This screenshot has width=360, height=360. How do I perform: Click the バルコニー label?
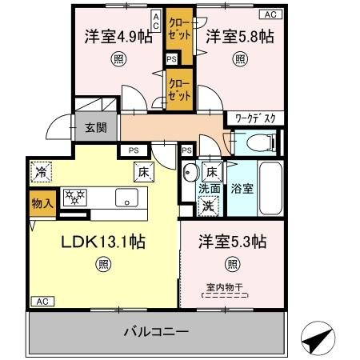point(157,331)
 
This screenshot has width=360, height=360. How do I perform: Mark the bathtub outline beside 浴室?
point(270,190)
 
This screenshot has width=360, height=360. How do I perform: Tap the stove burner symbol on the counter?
point(75,197)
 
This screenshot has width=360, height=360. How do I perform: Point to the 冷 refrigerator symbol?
point(40,170)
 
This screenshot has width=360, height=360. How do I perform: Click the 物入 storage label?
point(42,203)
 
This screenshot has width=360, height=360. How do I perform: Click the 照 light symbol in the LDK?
point(104,265)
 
